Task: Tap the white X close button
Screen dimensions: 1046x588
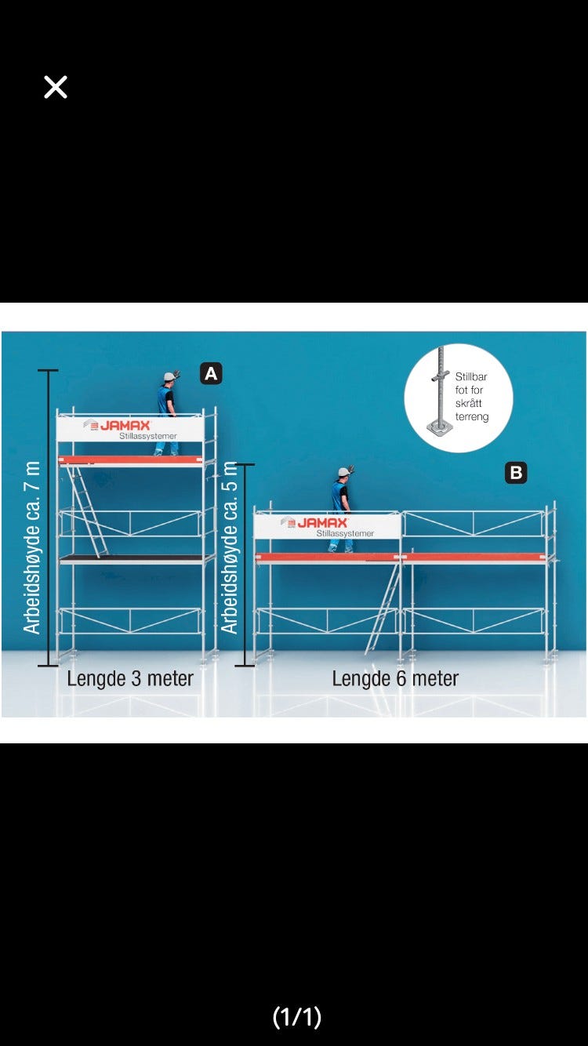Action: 56,87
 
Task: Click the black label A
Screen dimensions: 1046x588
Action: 211,374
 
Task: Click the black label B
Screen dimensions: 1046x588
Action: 516,473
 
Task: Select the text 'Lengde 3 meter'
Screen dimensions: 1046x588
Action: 130,678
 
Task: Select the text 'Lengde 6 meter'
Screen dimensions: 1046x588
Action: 395,678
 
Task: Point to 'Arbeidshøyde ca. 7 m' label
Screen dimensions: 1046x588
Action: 31,547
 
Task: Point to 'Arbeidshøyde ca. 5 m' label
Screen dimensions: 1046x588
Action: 229,547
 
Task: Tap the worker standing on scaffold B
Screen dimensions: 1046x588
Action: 340,510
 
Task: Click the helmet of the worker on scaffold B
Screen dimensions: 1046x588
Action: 343,472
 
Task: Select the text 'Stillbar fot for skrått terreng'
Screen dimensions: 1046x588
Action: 471,397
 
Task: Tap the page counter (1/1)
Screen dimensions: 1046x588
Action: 296,1017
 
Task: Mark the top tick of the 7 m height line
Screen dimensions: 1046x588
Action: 49,370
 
